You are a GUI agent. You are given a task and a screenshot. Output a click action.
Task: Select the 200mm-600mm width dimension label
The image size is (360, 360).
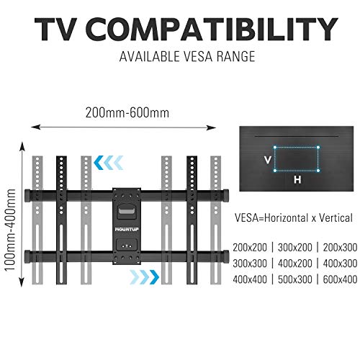tap(127, 112)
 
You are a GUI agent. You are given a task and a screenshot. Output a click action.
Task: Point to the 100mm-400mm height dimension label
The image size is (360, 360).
tap(10, 230)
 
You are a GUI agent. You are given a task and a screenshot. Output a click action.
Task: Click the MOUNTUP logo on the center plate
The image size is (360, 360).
tap(127, 230)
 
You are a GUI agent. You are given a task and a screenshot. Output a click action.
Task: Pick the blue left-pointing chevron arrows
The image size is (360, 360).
tap(108, 163)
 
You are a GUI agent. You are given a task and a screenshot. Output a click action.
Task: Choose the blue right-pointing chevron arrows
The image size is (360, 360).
tap(145, 277)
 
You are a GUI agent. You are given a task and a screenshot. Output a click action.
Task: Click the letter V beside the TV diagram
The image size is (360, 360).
tap(268, 160)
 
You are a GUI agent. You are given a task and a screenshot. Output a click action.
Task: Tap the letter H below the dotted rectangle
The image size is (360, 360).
tap(297, 179)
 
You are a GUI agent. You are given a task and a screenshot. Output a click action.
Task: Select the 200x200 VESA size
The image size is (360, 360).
tap(250, 248)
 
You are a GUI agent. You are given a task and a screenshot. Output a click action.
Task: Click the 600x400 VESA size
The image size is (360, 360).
tap(340, 279)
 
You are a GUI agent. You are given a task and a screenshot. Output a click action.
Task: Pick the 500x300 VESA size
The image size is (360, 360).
tap(295, 279)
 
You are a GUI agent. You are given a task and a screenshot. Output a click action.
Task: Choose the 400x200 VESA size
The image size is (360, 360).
tap(295, 264)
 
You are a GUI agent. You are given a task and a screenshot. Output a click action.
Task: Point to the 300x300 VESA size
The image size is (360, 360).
tap(250, 264)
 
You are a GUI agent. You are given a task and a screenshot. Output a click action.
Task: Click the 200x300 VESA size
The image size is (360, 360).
tap(340, 248)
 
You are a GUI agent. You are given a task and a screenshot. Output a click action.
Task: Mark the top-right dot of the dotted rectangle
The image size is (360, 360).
tap(318, 148)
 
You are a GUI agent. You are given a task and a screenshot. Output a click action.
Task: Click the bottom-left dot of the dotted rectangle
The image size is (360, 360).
tap(275, 171)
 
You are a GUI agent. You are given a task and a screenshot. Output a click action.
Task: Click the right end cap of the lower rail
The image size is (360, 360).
tap(225, 256)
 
